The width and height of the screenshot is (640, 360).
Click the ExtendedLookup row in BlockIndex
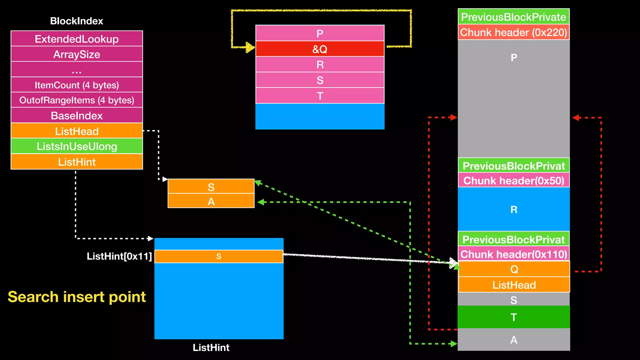tap(77, 39)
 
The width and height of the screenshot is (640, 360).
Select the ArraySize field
tap(77, 54)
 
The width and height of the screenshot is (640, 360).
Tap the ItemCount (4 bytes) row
tap(77, 85)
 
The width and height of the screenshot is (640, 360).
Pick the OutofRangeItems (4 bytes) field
tap(77, 100)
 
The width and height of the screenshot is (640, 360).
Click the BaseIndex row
tap(77, 116)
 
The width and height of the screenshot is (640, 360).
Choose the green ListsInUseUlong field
tap(77, 146)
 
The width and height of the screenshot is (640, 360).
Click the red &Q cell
tap(320, 49)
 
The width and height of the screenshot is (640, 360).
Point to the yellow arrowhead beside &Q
tap(250, 47)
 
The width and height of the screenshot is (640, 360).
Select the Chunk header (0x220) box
tap(513, 32)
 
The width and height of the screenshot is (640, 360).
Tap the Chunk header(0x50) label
tap(513, 181)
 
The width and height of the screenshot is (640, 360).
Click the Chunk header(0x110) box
tap(513, 254)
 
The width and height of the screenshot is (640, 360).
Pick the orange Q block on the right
tap(514, 269)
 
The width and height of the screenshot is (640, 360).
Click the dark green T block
tap(513, 317)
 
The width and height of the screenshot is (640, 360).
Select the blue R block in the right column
tap(513, 209)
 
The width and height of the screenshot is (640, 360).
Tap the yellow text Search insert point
tap(77, 297)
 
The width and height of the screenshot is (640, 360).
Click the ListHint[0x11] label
tap(119, 256)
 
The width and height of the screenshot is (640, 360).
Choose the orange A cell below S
tap(211, 201)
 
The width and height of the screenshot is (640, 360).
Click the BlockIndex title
tap(77, 21)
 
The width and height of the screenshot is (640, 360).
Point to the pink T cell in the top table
tap(320, 96)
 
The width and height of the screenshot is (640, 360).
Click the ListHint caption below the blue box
tap(211, 347)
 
